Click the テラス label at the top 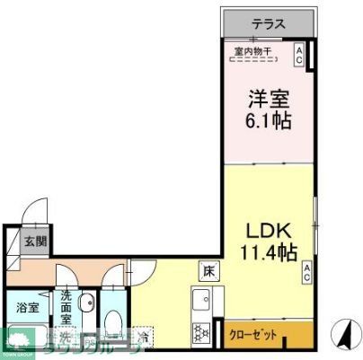tap(269, 23)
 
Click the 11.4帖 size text tap(267, 253)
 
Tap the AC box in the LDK tap(306, 273)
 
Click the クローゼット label tap(253, 335)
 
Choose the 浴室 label tap(28, 308)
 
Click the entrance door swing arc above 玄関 tap(31, 213)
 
